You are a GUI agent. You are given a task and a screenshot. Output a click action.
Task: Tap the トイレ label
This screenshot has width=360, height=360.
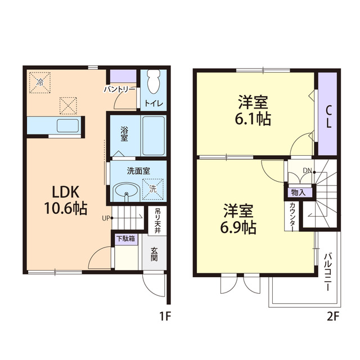coord(154,103)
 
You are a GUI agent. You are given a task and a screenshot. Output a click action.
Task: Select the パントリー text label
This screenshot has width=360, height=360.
coord(119,89)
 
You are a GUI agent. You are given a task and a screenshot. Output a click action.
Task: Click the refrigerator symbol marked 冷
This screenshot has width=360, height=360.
coord(40,83)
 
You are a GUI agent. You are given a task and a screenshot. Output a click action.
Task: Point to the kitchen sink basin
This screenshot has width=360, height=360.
coord(67,125)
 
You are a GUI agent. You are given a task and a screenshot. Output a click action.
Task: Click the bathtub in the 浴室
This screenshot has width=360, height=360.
coord(154,136)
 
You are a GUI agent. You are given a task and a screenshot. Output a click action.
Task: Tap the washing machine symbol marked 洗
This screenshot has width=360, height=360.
coord(153,189)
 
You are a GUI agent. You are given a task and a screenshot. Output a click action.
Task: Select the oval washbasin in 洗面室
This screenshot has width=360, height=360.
coord(127,190)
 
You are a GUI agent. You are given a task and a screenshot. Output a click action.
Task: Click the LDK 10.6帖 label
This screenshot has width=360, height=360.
coord(66,200)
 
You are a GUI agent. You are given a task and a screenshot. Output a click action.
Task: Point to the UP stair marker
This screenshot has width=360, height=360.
coord(106,218)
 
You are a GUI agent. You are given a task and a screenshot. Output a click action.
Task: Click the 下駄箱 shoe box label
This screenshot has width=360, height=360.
coord(126,238)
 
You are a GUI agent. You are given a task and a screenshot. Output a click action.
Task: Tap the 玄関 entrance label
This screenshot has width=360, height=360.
coord(154,254)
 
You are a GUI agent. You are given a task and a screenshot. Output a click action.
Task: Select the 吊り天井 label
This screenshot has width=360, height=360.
coord(157,220)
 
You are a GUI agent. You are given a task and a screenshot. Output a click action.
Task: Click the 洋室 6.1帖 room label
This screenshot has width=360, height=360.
coord(253,110)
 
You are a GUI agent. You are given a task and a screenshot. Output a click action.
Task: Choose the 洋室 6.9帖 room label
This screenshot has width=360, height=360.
coord(238,218)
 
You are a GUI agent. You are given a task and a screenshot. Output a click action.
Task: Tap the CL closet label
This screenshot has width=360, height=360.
coord(328,117)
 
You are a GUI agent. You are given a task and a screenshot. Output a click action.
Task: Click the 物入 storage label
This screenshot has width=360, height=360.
coord(299,192)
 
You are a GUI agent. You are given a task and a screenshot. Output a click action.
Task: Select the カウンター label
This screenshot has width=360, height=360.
coord(292,217)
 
